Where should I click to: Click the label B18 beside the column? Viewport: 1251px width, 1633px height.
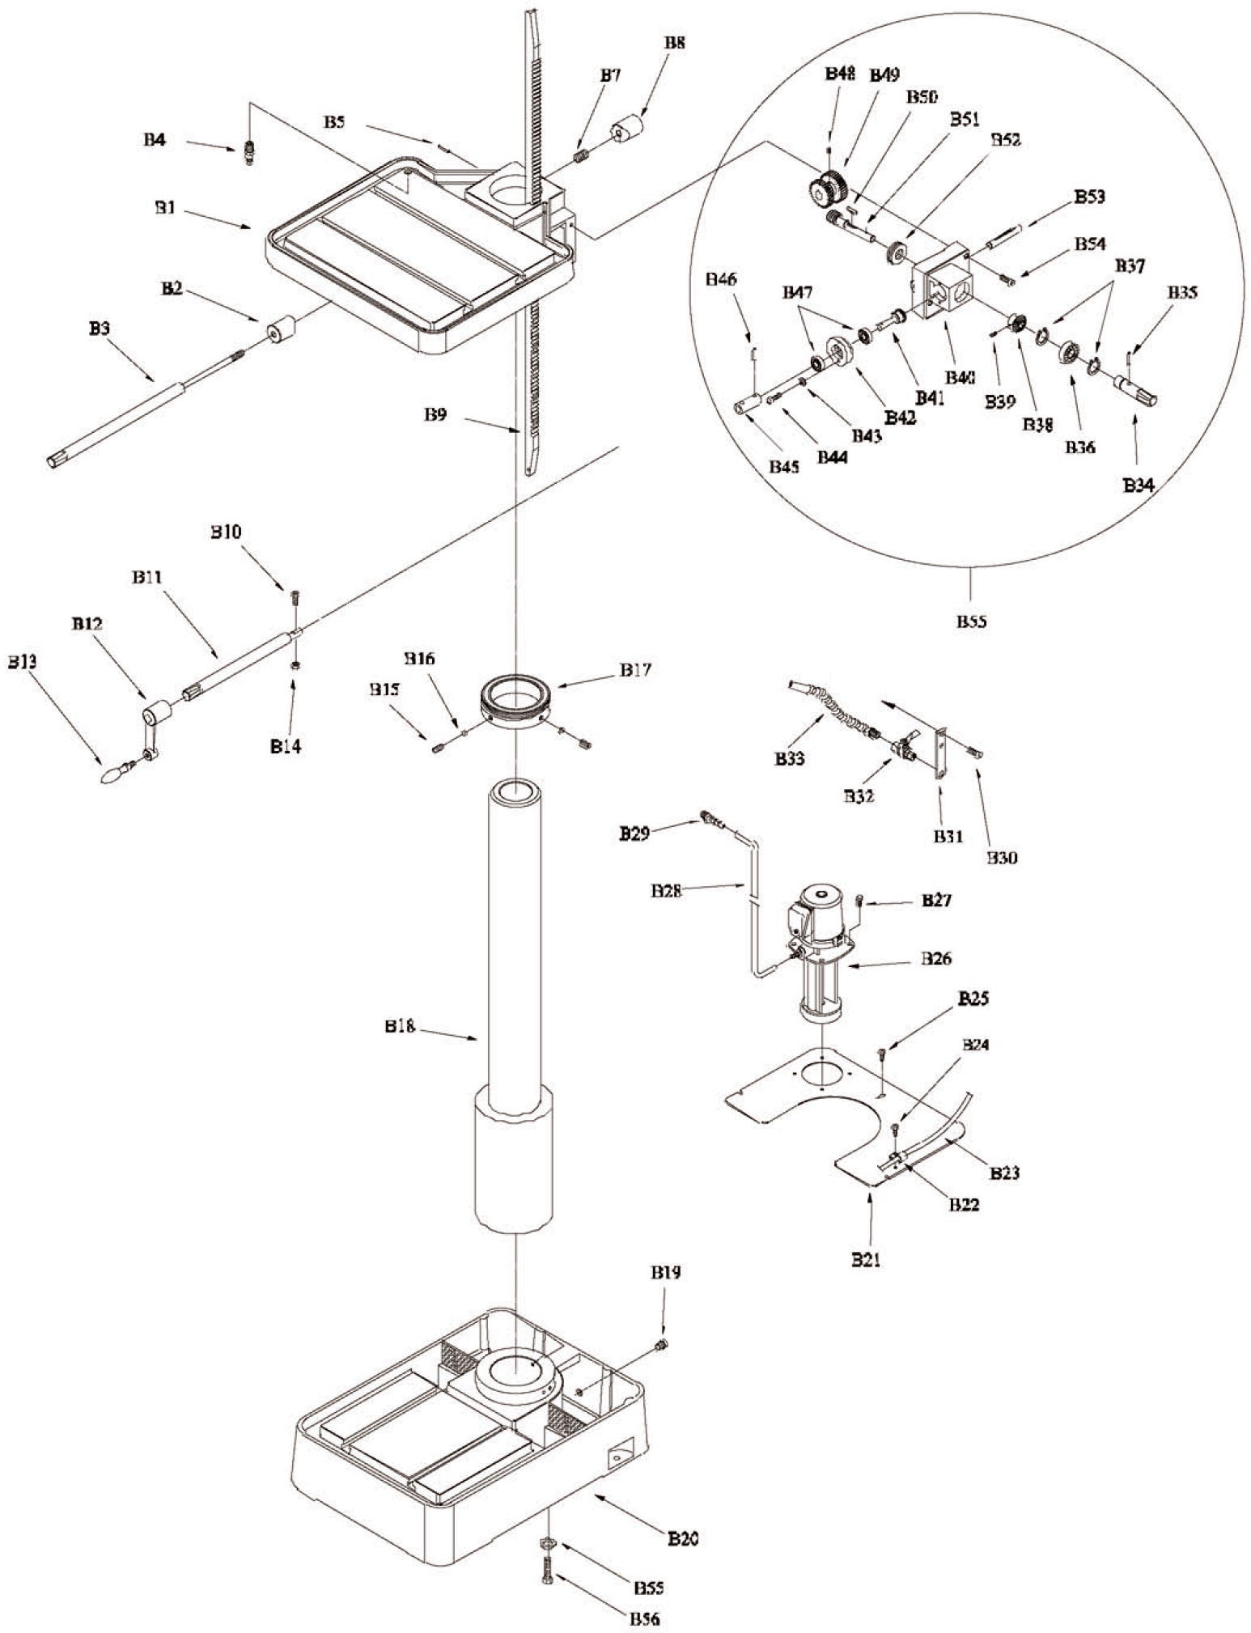pyautogui.click(x=400, y=1026)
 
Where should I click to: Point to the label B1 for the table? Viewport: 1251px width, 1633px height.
pyautogui.click(x=166, y=208)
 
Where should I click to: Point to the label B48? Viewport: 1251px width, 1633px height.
pyautogui.click(x=840, y=74)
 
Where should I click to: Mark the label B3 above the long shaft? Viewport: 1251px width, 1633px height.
pyautogui.click(x=100, y=329)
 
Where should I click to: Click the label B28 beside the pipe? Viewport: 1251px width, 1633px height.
pyautogui.click(x=666, y=890)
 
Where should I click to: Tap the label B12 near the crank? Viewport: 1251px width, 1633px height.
pyautogui.click(x=87, y=624)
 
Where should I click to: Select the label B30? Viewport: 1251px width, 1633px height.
pyautogui.click(x=1002, y=857)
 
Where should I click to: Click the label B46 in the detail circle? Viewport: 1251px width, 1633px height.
pyautogui.click(x=721, y=279)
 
